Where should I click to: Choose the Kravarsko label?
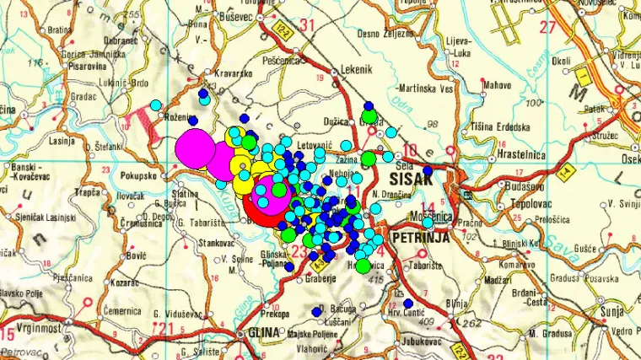[x=232, y=73]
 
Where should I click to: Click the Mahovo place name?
[x=498, y=83]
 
